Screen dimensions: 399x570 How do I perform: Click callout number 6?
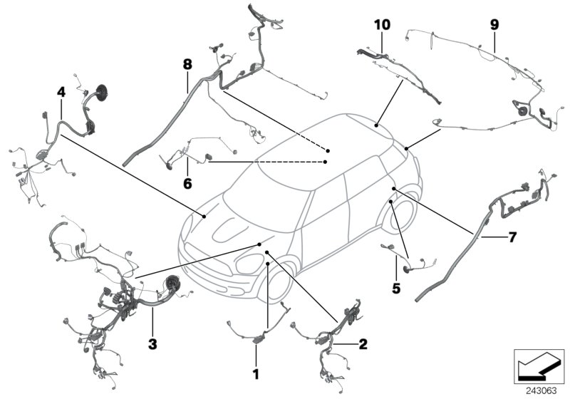(188, 184)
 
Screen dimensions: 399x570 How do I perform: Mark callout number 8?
(187, 64)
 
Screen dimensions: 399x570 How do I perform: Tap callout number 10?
(383, 24)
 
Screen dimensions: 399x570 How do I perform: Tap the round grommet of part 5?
(408, 270)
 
